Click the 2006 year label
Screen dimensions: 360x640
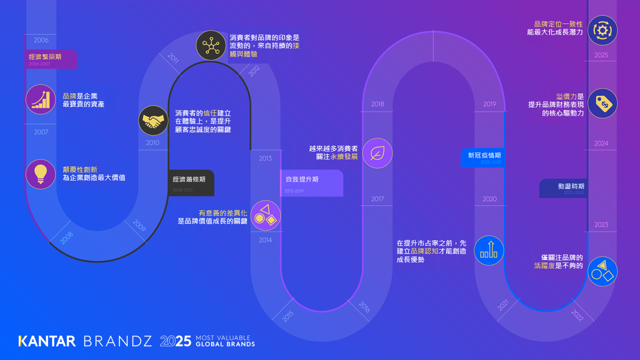point(41,40)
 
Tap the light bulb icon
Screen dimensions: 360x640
point(40,174)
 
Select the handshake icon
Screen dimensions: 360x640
point(153,120)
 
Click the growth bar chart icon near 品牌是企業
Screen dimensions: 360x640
point(40,99)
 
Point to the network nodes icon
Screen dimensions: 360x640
point(210,45)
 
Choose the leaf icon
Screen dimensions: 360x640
point(377,153)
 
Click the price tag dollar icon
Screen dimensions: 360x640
point(602,103)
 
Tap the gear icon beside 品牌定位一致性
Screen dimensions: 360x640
point(602,30)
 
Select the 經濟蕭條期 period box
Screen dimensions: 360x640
point(191,182)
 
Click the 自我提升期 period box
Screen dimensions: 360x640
point(311,182)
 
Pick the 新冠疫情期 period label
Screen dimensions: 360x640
point(483,157)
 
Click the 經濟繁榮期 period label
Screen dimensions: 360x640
point(51,59)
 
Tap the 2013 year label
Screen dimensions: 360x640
point(265,158)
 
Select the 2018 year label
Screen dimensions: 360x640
point(377,104)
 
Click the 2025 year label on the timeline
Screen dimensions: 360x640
point(601,55)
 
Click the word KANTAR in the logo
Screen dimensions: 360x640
point(47,341)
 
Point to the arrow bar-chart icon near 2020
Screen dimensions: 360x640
point(489,250)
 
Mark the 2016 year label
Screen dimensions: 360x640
point(364,307)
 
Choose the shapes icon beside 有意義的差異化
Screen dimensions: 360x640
point(265,215)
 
